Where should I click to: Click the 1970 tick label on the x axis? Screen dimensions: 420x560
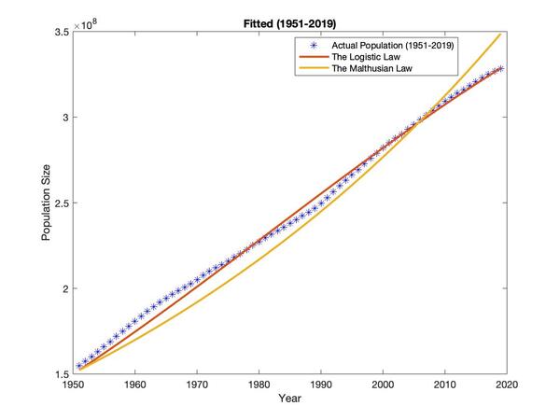tap(197, 384)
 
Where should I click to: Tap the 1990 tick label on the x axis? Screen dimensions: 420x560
tap(321, 384)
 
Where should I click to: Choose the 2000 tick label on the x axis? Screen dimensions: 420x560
tap(383, 384)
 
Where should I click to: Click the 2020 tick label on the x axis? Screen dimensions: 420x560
tap(507, 384)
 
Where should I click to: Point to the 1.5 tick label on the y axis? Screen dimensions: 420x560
tap(61, 373)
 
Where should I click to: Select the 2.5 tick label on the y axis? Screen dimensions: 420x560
tap(61, 203)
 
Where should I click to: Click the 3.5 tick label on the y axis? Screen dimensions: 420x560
tap(61, 33)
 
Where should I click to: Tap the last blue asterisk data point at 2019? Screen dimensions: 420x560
tap(500, 68)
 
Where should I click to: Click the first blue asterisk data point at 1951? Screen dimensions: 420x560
tap(79, 366)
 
